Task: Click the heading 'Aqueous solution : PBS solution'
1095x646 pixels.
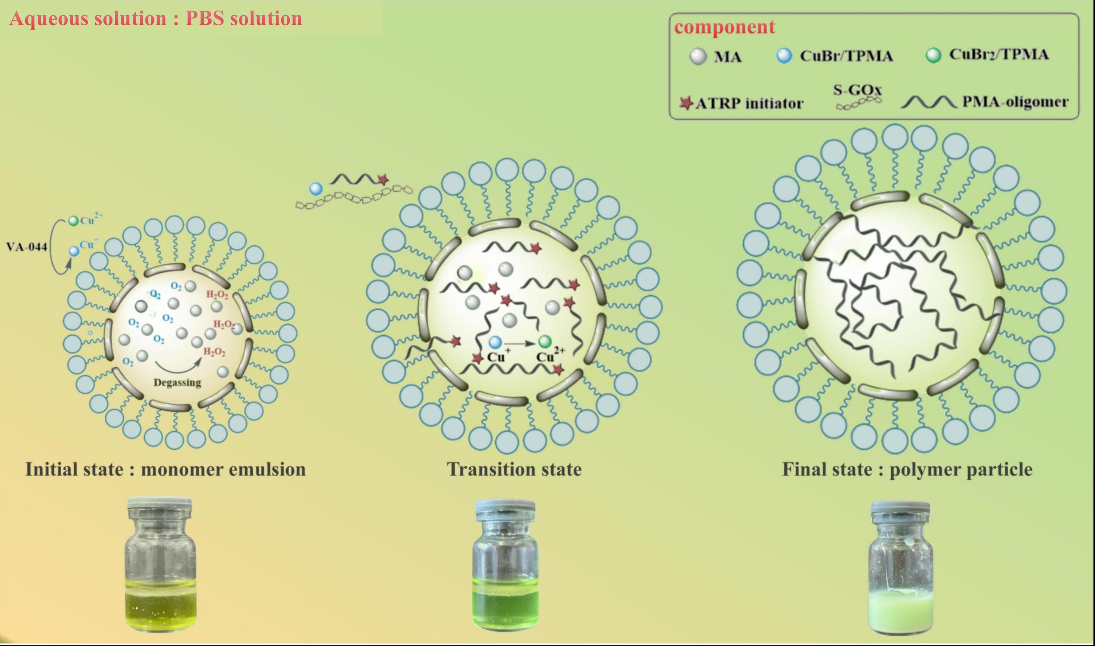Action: [155, 18]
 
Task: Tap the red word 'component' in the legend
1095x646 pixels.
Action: [724, 27]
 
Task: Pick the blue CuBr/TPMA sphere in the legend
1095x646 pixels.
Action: [784, 56]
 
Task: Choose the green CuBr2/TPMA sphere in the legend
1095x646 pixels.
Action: [933, 55]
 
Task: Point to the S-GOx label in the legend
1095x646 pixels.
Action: [857, 90]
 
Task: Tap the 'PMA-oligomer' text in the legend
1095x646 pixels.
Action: [1015, 102]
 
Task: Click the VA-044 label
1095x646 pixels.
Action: [27, 247]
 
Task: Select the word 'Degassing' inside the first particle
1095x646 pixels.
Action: [177, 383]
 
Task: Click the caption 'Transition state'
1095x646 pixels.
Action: [514, 469]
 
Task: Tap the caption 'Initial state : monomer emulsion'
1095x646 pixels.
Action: [166, 469]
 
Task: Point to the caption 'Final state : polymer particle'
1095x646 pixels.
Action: [907, 469]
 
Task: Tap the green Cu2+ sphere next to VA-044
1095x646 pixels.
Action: [74, 221]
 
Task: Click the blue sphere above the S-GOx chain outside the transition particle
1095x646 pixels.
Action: [316, 189]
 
